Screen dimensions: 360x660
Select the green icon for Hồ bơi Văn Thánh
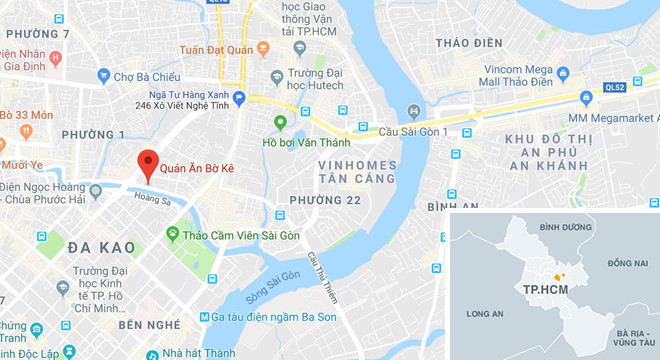(281, 123)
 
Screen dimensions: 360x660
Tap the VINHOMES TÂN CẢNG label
(357, 171)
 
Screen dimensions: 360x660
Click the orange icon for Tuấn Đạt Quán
(263, 47)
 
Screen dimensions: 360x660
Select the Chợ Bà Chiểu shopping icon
(102, 75)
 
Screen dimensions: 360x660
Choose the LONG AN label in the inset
(485, 311)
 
